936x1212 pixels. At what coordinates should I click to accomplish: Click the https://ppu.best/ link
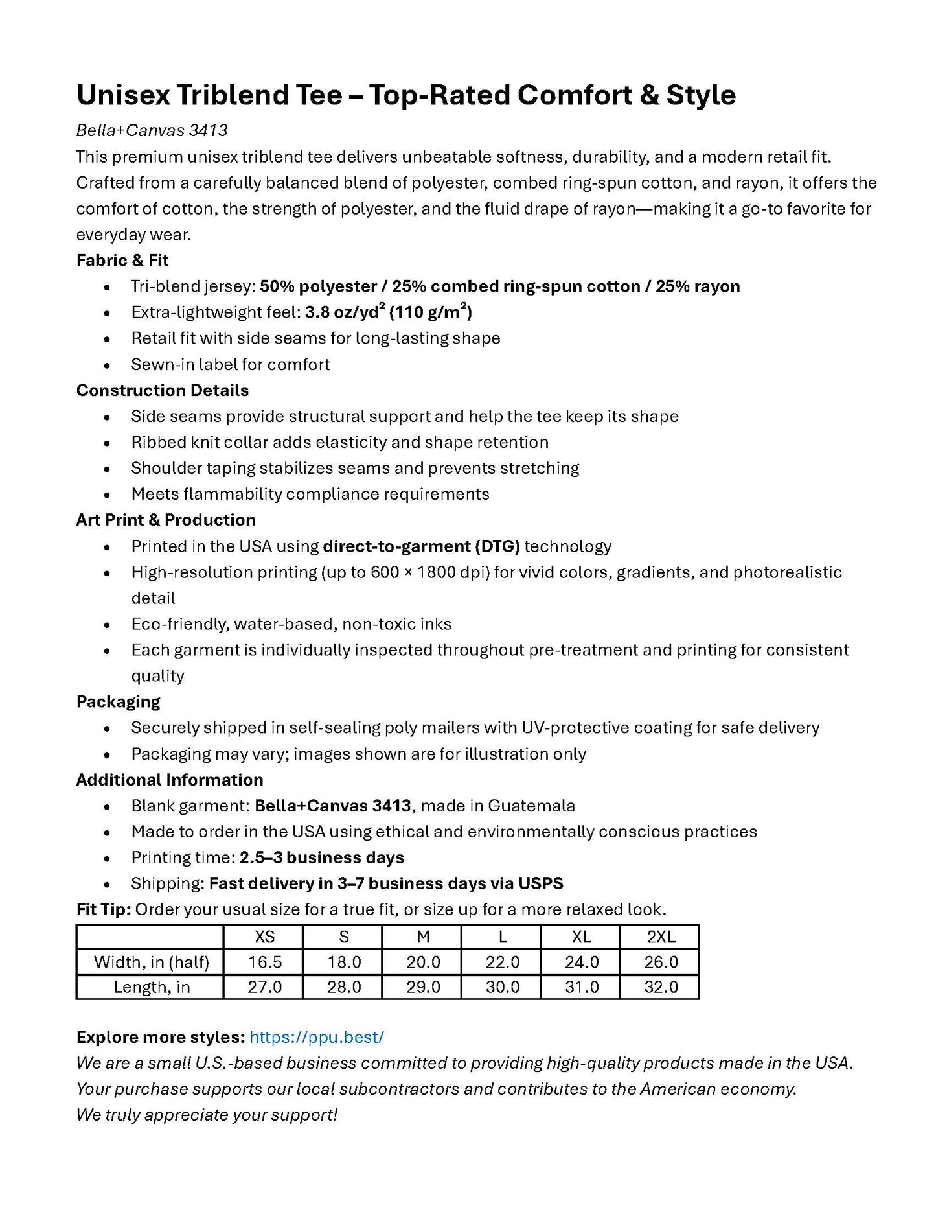click(x=317, y=1037)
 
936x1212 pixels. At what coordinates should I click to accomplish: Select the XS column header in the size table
click(x=264, y=937)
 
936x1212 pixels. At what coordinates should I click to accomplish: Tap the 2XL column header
click(x=661, y=937)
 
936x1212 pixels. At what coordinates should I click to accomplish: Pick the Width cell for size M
click(x=423, y=962)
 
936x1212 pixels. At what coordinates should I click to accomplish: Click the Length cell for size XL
click(x=582, y=987)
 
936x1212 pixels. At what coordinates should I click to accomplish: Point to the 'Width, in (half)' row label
click(x=151, y=962)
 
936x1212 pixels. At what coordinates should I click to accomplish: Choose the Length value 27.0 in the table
click(x=264, y=987)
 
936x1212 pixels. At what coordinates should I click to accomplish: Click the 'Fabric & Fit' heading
click(x=122, y=261)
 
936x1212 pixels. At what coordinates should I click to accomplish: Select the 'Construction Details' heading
click(x=163, y=390)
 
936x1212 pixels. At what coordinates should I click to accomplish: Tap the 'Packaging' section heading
click(x=118, y=702)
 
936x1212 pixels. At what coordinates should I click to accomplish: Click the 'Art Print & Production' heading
click(x=166, y=520)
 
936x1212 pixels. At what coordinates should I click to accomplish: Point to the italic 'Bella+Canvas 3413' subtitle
click(x=152, y=130)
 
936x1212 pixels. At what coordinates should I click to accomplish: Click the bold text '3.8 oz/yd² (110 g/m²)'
click(x=389, y=312)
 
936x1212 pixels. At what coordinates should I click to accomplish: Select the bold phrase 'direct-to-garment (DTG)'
click(x=421, y=546)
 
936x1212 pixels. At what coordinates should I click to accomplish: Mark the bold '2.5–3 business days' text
click(x=322, y=857)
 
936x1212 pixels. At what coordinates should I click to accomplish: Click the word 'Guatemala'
click(x=531, y=806)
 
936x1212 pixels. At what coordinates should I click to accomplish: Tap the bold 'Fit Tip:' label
click(x=104, y=909)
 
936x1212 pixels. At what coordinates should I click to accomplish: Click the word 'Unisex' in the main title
click(x=123, y=95)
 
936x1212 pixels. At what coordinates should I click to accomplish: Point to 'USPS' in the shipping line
click(x=542, y=883)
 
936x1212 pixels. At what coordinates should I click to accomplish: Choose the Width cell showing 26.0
click(x=661, y=962)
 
